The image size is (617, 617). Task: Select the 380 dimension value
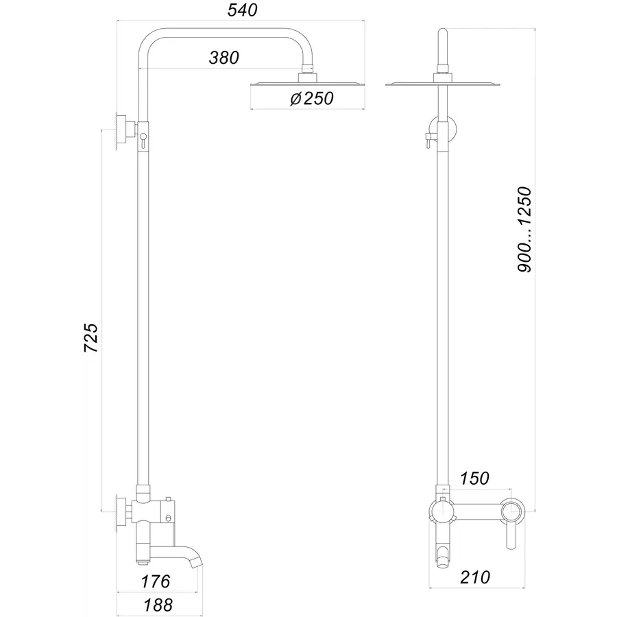pyautogui.click(x=224, y=58)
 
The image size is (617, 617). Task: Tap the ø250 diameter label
pyautogui.click(x=311, y=99)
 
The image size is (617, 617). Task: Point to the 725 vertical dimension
pyautogui.click(x=91, y=337)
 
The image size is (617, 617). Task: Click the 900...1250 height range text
pyautogui.click(x=525, y=230)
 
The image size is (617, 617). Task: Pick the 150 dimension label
pyautogui.click(x=475, y=477)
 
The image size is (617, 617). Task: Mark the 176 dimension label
pyautogui.click(x=155, y=582)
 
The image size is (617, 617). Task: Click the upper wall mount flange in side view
pyautogui.click(x=123, y=130)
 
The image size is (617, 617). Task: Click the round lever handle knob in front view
pyautogui.click(x=511, y=511)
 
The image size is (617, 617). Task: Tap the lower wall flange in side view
pyautogui.click(x=123, y=511)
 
